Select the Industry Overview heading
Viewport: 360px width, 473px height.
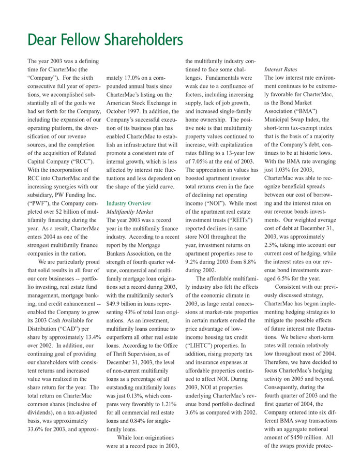[x=129, y=203]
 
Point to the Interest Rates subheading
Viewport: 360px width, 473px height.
[x=281, y=69]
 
